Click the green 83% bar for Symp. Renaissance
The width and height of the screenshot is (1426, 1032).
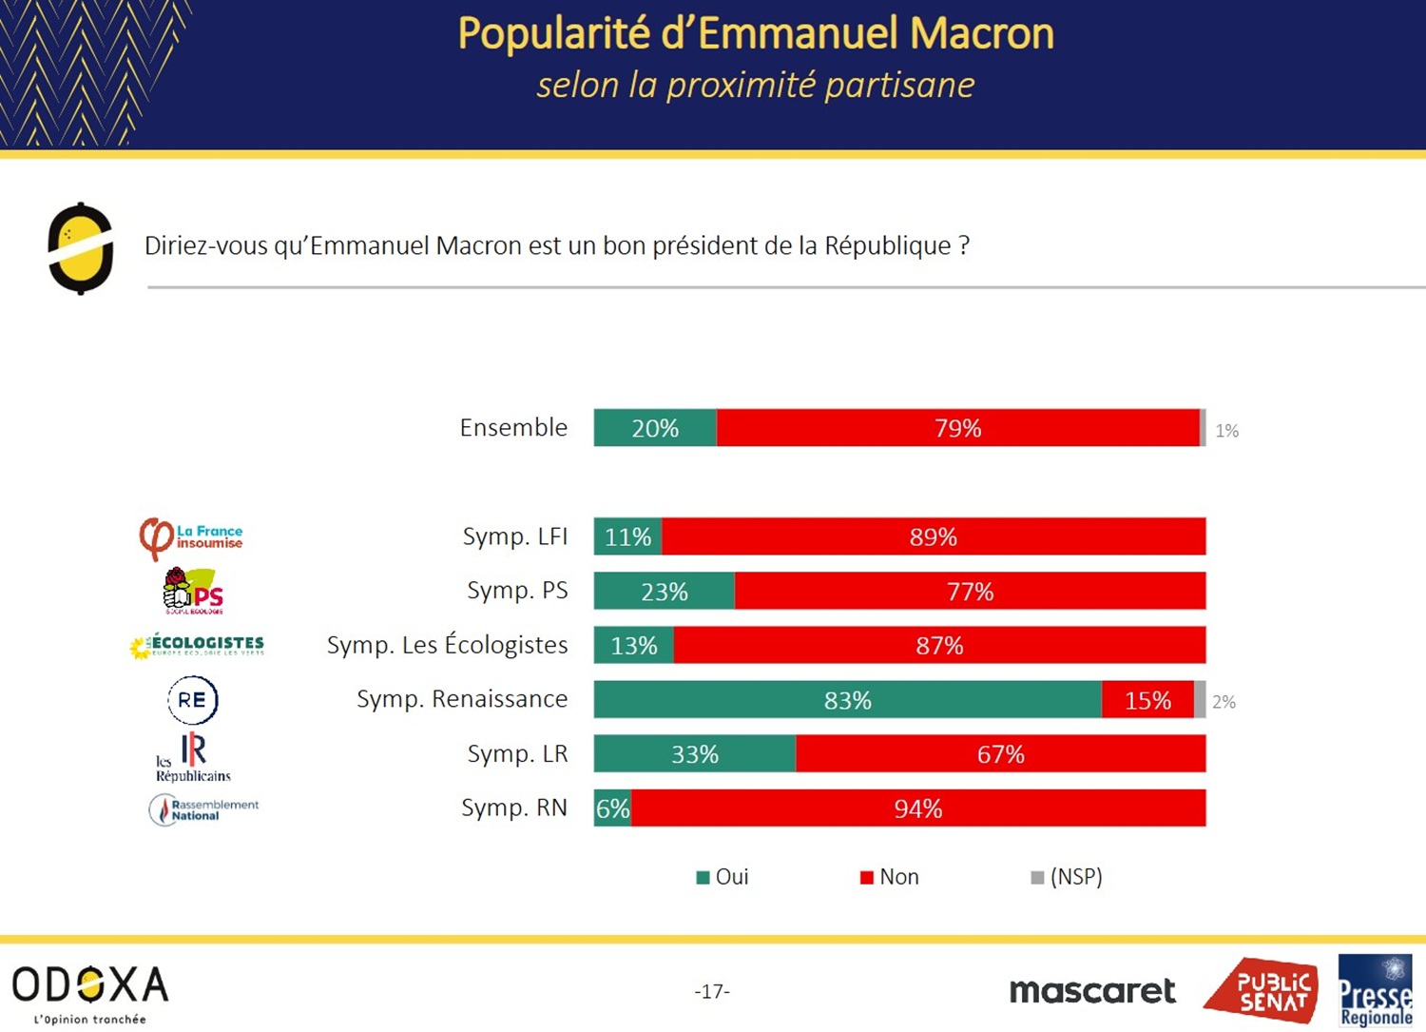click(847, 700)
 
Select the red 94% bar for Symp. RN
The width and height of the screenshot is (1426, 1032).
click(918, 808)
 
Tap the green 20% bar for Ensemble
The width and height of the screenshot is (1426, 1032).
click(655, 428)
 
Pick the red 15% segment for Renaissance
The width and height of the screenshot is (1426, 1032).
click(1147, 700)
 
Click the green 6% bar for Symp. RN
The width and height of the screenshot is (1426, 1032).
click(612, 808)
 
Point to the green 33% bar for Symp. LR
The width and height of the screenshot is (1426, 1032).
click(695, 754)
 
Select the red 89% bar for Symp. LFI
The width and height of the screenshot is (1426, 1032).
click(934, 536)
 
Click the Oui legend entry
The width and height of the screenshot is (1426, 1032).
click(723, 877)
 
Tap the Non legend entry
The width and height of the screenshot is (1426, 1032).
click(890, 877)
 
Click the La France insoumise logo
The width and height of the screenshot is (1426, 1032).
click(191, 537)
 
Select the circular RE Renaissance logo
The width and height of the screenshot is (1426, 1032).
click(193, 700)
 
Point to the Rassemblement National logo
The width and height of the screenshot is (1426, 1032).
click(203, 809)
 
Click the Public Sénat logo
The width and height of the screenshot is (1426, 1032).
click(1263, 990)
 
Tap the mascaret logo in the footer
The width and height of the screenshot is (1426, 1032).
click(1092, 991)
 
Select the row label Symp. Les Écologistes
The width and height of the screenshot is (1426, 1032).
click(447, 645)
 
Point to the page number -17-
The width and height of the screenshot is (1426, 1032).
click(712, 991)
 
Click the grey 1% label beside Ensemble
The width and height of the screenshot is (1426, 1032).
click(1226, 431)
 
